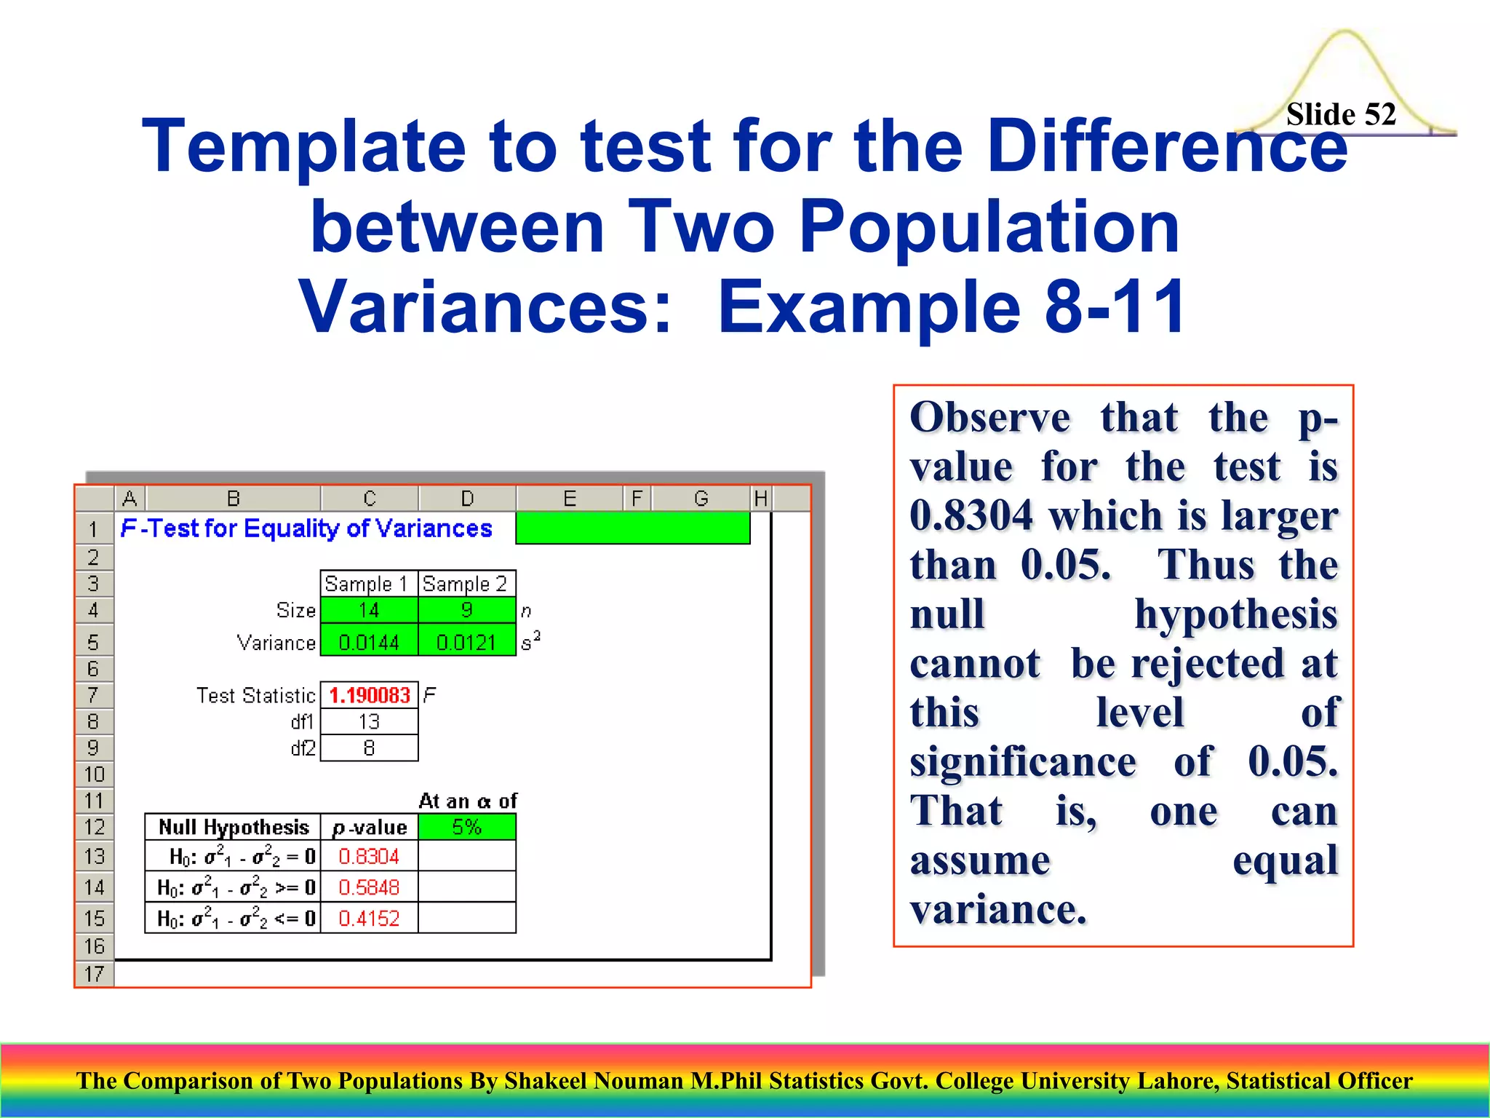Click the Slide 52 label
tap(1340, 114)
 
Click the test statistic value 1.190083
tap(369, 695)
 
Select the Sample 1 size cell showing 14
tap(369, 610)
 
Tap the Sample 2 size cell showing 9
tap(466, 610)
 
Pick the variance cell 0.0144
tap(369, 642)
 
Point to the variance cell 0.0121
tap(466, 642)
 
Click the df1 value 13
tap(369, 721)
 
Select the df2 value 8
tap(369, 748)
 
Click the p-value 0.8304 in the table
tap(369, 857)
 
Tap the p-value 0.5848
tap(369, 887)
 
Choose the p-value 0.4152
tap(369, 918)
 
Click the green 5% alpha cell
tap(466, 827)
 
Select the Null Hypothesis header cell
tap(234, 827)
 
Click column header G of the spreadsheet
tap(701, 499)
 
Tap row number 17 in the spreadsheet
tap(95, 974)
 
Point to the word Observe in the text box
tap(989, 418)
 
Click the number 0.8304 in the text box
tap(971, 515)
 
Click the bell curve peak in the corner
tap(1344, 33)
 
